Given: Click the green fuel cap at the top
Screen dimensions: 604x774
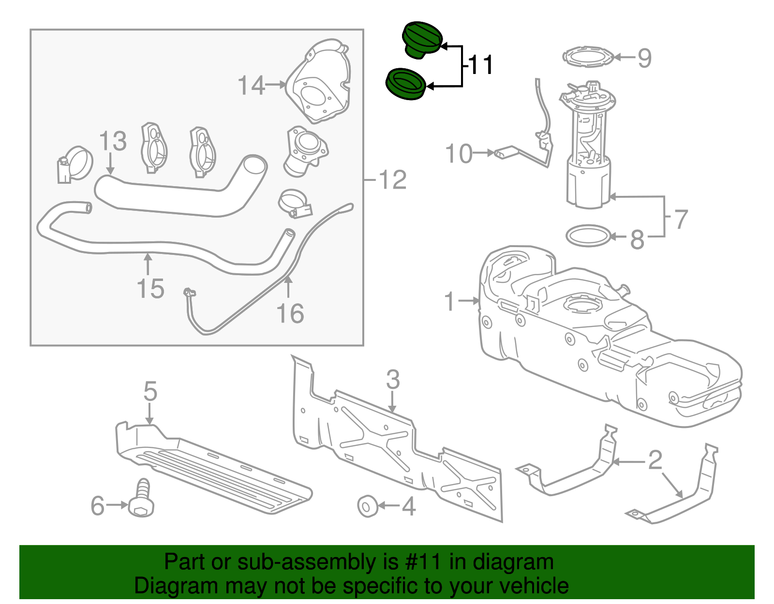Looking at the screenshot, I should (421, 39).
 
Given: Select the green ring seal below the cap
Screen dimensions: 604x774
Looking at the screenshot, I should (405, 84).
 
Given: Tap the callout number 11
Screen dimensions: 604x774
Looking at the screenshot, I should (481, 65).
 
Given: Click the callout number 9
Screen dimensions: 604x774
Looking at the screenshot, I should (644, 58).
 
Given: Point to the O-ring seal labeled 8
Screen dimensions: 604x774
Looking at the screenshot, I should (588, 236).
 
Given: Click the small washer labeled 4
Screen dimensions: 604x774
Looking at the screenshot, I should (367, 506).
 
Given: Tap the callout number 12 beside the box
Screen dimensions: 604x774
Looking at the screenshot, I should (392, 180).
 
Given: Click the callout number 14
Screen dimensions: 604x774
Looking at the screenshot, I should (252, 85).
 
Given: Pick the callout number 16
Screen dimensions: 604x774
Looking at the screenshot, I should (290, 313).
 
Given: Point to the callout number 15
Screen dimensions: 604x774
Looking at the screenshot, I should (150, 289).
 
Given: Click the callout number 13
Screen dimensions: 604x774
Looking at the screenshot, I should (113, 142).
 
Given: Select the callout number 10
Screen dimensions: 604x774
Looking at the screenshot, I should (459, 154).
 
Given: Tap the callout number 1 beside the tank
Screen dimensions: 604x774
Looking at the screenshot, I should (450, 301).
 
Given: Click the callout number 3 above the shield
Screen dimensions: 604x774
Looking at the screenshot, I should (393, 380).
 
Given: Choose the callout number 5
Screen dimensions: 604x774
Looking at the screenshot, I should (150, 391).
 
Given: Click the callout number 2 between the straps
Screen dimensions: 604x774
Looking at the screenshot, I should (655, 459).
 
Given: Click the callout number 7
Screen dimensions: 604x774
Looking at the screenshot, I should (681, 219).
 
